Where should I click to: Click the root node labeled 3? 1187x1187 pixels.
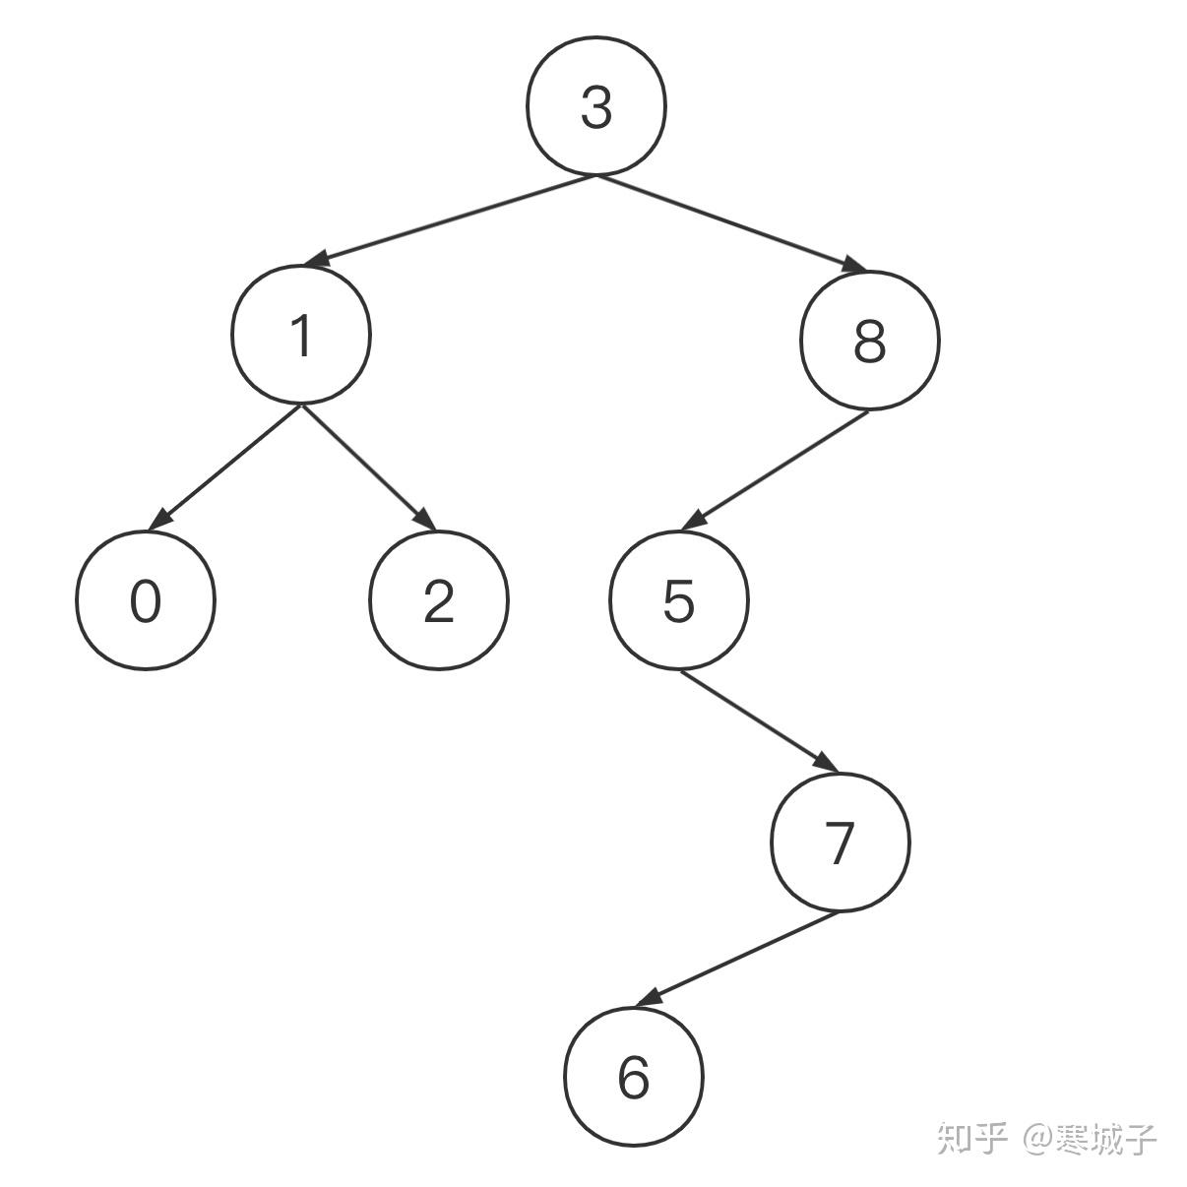click(x=596, y=106)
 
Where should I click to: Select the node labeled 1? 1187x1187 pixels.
click(x=301, y=334)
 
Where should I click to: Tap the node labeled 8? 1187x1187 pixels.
click(x=870, y=341)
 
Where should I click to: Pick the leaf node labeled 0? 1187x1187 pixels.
click(x=145, y=600)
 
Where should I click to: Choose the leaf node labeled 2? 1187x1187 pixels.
click(x=439, y=600)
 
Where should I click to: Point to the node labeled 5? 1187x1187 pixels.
click(x=679, y=600)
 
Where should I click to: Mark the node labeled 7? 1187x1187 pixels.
click(x=840, y=843)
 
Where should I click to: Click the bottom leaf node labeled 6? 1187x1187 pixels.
click(x=634, y=1077)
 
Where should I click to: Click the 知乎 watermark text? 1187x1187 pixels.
click(x=972, y=1138)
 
